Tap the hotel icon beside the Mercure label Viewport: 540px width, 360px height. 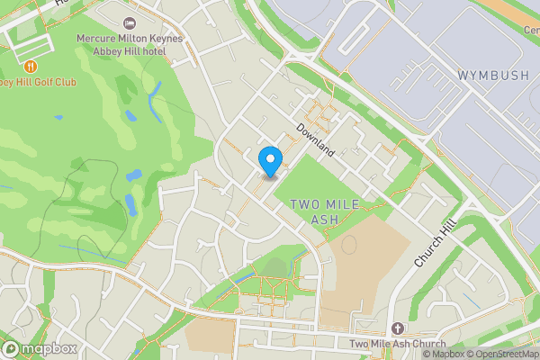(129, 21)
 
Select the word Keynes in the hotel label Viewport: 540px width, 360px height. (165, 39)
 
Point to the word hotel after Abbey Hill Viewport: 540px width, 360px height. (169, 51)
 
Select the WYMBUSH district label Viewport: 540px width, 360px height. (493, 76)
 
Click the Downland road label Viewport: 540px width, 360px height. (316, 140)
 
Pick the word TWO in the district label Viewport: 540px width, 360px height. (306, 205)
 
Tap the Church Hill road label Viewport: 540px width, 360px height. (436, 243)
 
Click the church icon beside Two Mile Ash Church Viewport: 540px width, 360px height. (399, 328)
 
